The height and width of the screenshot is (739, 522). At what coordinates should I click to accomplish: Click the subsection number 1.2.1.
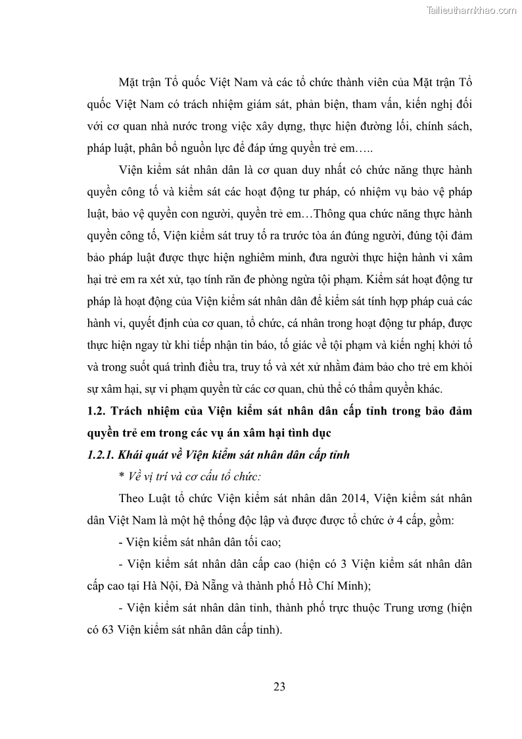[x=101, y=455]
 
